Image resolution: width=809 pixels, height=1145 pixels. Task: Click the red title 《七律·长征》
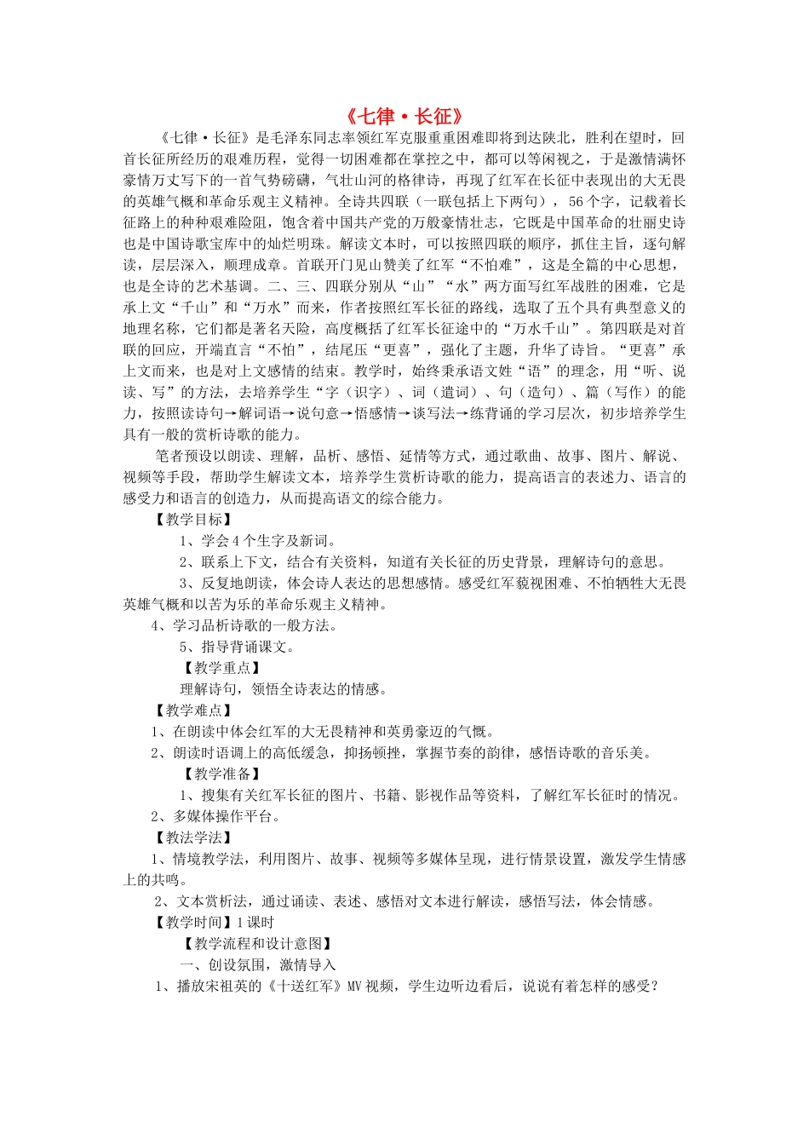coord(404,117)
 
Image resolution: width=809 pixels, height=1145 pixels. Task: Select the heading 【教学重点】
coord(221,668)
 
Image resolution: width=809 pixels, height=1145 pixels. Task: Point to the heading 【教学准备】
coord(221,774)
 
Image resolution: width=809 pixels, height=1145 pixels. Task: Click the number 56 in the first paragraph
coord(577,202)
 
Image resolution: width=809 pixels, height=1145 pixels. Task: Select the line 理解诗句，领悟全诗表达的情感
coord(284,689)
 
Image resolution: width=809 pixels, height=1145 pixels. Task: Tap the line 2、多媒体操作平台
coord(215,817)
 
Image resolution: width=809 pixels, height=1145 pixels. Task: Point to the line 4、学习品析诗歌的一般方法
coord(244,625)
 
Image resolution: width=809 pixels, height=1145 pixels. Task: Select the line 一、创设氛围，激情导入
coord(258,965)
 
